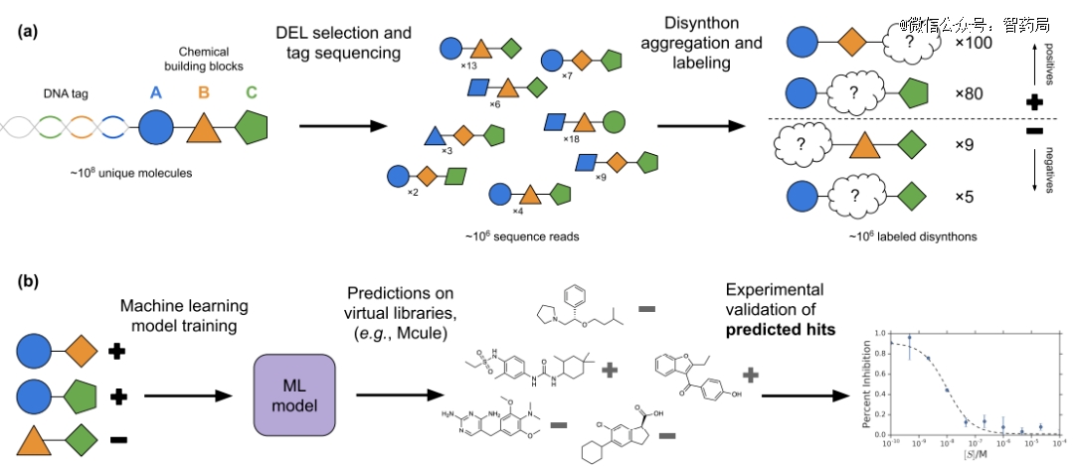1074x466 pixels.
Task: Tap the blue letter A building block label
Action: pos(155,92)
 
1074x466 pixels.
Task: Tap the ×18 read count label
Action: pos(571,139)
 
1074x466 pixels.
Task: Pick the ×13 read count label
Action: pos(470,65)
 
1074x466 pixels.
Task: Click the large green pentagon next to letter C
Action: pos(253,128)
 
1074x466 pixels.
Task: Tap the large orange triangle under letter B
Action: pos(204,127)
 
